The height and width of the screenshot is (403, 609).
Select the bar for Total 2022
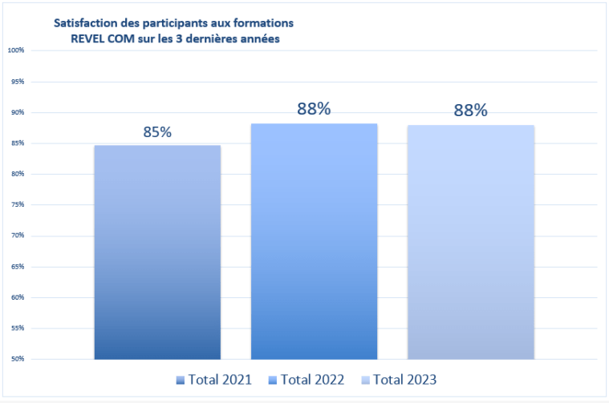click(x=314, y=241)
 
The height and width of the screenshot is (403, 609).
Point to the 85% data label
click(x=157, y=132)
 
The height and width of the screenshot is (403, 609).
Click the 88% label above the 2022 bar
click(x=314, y=109)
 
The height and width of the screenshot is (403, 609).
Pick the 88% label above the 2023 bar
click(x=470, y=111)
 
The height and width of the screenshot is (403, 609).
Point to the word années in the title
click(x=258, y=38)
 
